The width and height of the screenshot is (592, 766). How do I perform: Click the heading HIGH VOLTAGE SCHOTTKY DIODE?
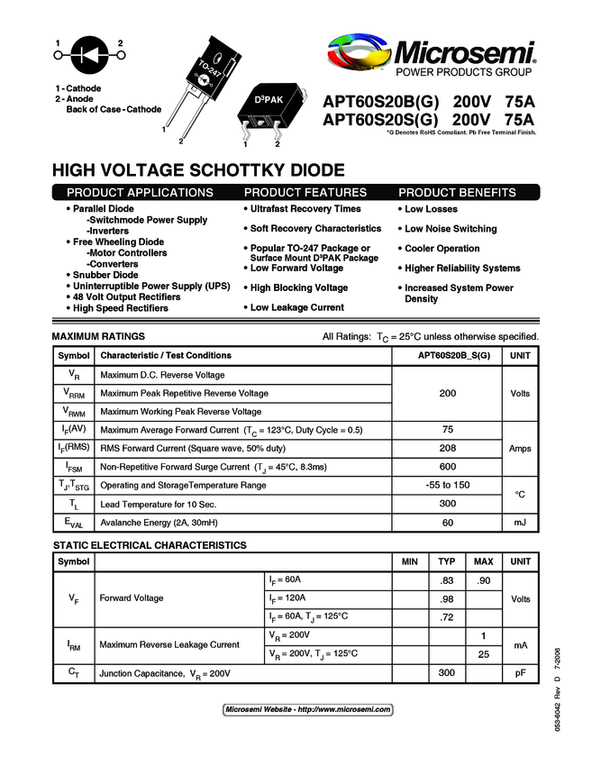coord(198,169)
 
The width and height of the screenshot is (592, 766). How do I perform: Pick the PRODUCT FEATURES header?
coord(305,192)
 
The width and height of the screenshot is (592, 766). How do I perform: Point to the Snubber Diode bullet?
coord(105,275)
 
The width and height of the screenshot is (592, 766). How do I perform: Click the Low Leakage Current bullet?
coord(296,307)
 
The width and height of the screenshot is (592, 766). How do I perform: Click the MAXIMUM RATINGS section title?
coord(98,336)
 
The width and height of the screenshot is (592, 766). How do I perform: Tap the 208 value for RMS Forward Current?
coord(447,449)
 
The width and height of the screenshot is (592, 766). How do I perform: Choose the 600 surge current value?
coord(447,467)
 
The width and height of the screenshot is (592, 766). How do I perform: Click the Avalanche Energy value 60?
coord(447,523)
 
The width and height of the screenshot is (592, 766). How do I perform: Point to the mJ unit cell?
coord(520,523)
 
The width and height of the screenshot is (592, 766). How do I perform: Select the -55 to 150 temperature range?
coord(447,485)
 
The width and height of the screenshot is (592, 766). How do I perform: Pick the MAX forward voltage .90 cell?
coord(483,579)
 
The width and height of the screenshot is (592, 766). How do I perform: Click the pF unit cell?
coord(520,673)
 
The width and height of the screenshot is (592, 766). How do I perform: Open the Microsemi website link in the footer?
coord(307,709)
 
